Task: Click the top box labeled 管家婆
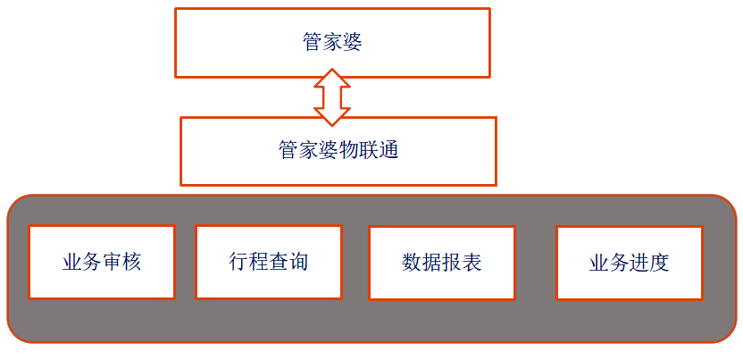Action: pos(332,43)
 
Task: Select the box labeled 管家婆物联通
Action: pos(338,150)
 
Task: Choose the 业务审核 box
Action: pos(102,262)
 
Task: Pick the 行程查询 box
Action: pos(268,262)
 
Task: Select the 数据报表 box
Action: pos(441,263)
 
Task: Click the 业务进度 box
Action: pos(629,263)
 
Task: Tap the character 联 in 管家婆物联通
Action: pos(368,150)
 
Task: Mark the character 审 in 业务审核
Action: pos(112,262)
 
